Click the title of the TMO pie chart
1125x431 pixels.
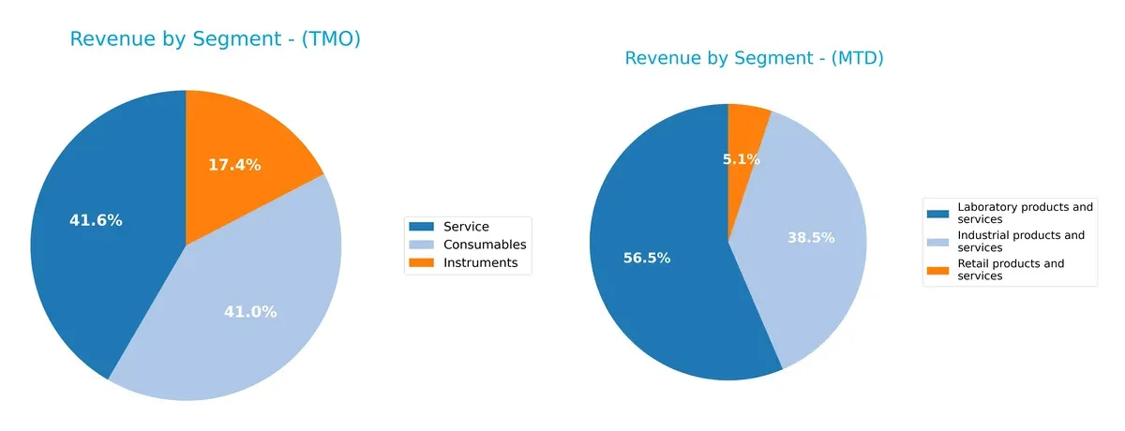pos(215,39)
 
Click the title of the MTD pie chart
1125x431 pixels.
pos(754,58)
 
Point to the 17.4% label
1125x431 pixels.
pos(234,165)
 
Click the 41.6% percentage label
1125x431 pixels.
pos(96,220)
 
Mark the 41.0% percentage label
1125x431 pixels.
pos(250,312)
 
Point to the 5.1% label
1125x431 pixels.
pos(741,159)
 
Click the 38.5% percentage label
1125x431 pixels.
pos(811,238)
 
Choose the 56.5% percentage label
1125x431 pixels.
pos(647,258)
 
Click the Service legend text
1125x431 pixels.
pos(466,227)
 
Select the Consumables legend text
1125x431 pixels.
pos(485,245)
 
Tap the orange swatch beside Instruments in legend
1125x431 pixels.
pos(422,263)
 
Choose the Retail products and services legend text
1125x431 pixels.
pos(1011,270)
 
